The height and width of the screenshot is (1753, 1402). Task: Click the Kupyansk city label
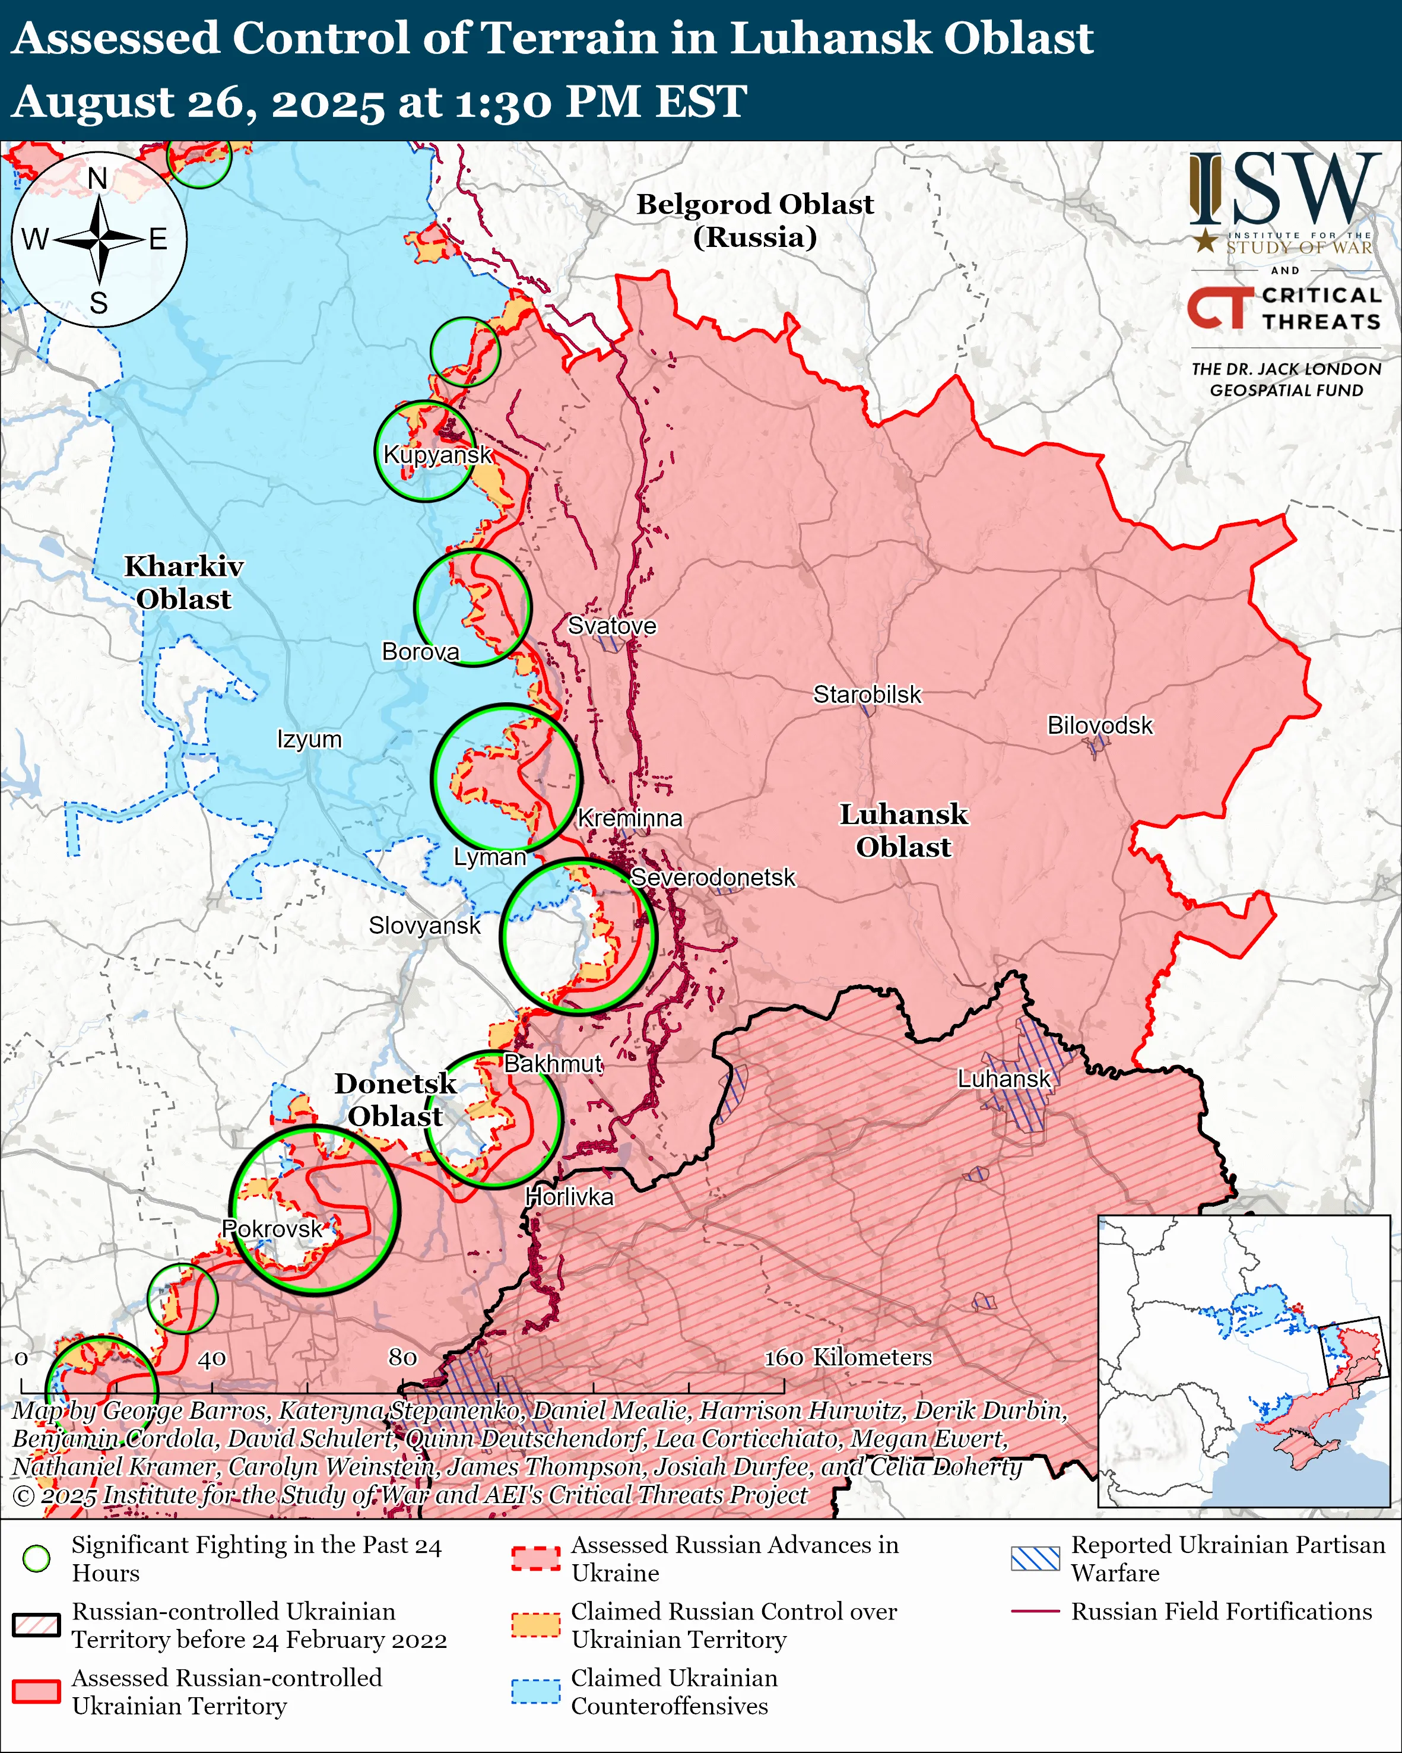pyautogui.click(x=437, y=455)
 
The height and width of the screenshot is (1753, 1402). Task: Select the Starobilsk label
pyautogui.click(x=867, y=695)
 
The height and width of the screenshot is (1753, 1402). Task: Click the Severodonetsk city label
pyautogui.click(x=713, y=877)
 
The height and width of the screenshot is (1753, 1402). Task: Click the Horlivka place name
pyautogui.click(x=569, y=1196)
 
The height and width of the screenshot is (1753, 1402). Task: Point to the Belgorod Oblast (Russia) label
pyautogui.click(x=754, y=220)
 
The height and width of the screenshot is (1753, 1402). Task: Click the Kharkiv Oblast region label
pyautogui.click(x=183, y=582)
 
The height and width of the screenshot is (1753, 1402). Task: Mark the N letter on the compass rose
pyautogui.click(x=97, y=178)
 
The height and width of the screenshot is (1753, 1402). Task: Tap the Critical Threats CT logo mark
pyautogui.click(x=1220, y=308)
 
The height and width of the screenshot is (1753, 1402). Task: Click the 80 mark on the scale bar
pyautogui.click(x=402, y=1357)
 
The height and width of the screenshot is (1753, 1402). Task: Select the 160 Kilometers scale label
pyautogui.click(x=848, y=1357)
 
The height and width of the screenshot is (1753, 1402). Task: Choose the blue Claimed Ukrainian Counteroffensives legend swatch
pyautogui.click(x=535, y=1691)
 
